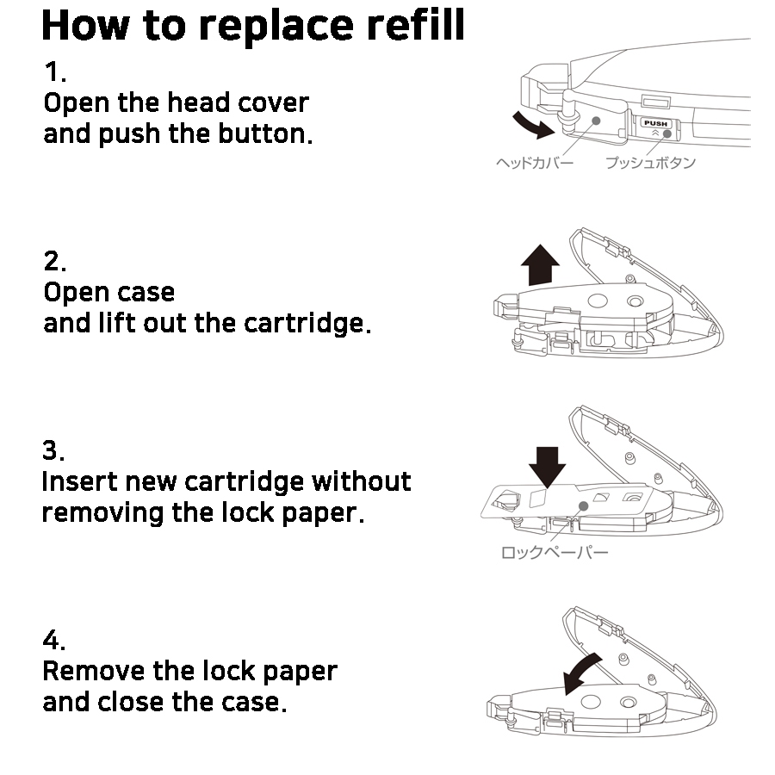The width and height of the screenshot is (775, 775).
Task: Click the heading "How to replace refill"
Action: [252, 26]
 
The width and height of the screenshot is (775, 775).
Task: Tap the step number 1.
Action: [53, 71]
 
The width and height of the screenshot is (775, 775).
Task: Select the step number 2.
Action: [54, 261]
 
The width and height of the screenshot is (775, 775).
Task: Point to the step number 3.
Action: [53, 450]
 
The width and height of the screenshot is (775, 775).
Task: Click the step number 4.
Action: [54, 641]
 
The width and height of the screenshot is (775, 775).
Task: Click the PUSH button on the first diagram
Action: [656, 124]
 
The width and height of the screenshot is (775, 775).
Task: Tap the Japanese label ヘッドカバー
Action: [535, 162]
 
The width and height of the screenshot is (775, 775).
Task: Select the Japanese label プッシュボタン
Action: [650, 162]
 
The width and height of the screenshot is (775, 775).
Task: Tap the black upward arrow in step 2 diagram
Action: [541, 264]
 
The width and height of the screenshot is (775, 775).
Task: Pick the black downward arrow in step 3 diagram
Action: [547, 464]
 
